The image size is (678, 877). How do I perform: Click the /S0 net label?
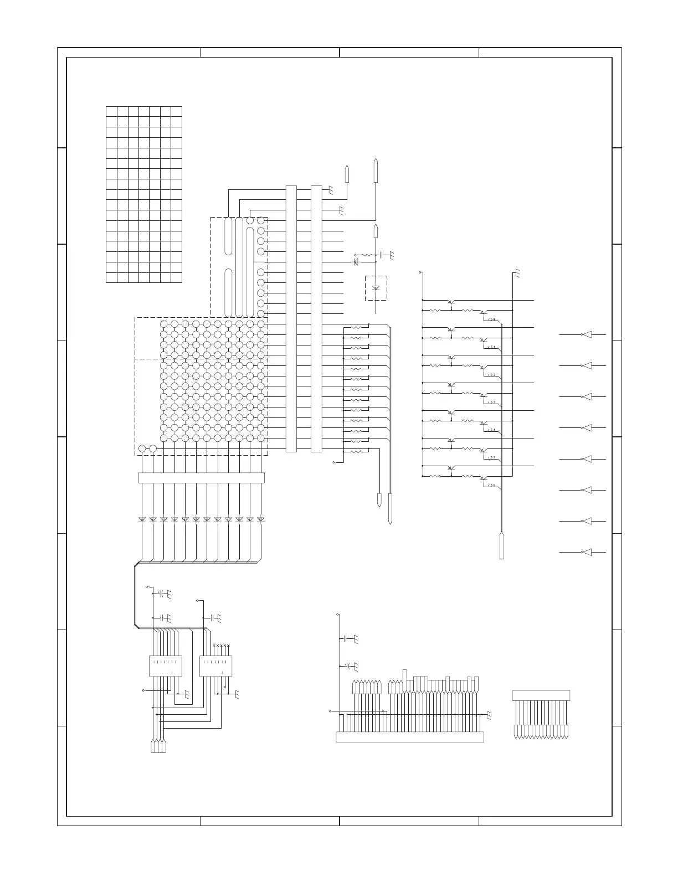coord(491,319)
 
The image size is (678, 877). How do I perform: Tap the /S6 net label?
coord(491,486)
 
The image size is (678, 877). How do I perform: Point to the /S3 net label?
coord(491,403)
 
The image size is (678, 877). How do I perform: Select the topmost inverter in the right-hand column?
coord(586,335)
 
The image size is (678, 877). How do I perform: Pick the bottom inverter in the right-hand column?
coord(586,553)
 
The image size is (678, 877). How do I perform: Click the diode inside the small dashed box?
coord(376,288)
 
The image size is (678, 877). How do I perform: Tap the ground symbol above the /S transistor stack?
coord(516,272)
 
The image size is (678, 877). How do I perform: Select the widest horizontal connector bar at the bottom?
coord(410,737)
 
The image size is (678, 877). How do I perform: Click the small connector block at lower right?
coord(541,695)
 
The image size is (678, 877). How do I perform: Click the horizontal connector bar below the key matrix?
coord(201,478)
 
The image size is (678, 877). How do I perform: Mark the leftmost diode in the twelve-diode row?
coord(142,519)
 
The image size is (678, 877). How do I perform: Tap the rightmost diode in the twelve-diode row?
coord(260,519)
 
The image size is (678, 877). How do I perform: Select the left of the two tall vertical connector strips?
coord(291,319)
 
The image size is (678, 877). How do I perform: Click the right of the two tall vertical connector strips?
coord(316,319)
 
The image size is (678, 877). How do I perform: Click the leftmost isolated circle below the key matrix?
coord(142,448)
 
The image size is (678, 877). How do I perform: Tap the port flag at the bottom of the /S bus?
coord(502,546)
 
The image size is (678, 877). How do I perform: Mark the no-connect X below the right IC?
coord(225,687)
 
